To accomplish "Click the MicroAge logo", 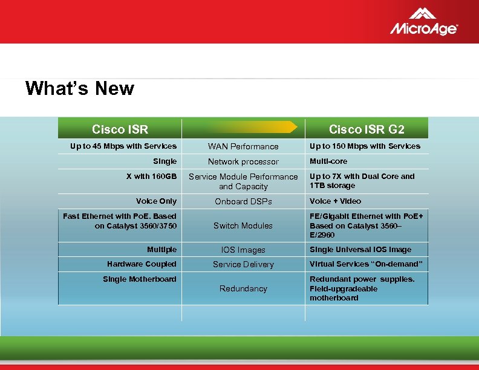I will click(x=423, y=22).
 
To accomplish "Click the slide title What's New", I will click(x=80, y=89).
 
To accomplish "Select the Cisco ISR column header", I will click(x=120, y=129).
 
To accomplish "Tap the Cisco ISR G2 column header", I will click(x=367, y=129).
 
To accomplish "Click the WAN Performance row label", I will click(x=243, y=146).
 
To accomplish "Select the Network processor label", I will click(x=243, y=161).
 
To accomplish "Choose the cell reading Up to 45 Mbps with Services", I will click(x=123, y=146).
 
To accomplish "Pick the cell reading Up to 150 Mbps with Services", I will click(x=365, y=146).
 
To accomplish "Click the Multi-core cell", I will click(x=328, y=161).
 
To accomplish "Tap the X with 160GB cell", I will click(x=151, y=176).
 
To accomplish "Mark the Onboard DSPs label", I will click(x=243, y=201).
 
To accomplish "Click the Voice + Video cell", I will click(x=335, y=201).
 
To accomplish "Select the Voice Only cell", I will click(x=156, y=201).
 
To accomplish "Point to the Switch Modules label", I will click(x=243, y=226).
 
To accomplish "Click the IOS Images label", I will click(x=243, y=250).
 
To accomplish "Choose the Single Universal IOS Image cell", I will click(x=360, y=249).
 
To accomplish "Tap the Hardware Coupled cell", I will click(x=142, y=264).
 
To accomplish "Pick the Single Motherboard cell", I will click(x=140, y=279).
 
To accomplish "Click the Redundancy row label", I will click(x=243, y=288).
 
